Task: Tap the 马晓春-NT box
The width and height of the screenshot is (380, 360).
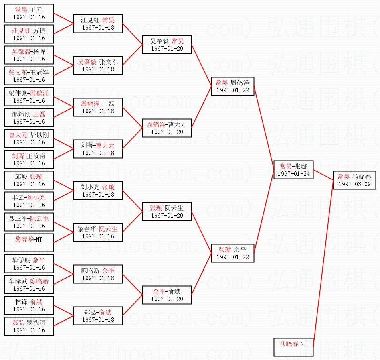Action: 293,347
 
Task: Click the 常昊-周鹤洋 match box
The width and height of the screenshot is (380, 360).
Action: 232,86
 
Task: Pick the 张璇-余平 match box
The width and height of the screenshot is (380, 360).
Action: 232,253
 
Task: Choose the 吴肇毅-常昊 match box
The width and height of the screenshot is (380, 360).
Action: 167,45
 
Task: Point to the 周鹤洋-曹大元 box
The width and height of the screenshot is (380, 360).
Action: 167,128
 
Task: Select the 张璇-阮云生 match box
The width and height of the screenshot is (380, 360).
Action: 167,212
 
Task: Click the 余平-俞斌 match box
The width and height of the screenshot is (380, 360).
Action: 167,295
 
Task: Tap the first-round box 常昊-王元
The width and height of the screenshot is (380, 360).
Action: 29,13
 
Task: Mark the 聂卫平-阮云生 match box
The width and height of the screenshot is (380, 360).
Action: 29,222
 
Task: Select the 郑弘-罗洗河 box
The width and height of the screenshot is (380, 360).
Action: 29,326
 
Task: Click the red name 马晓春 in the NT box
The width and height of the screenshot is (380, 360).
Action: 289,344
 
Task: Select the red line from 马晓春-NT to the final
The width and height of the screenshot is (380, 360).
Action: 323,265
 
